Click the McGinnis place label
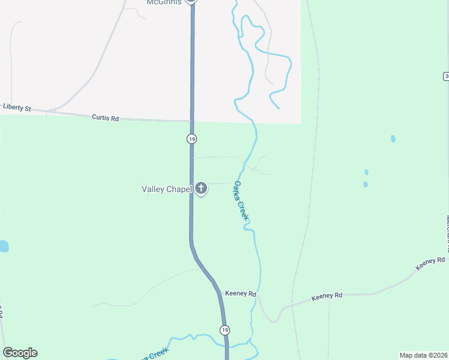point(164,2)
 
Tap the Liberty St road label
point(16,107)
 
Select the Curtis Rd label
point(105,118)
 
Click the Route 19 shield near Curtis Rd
point(191,139)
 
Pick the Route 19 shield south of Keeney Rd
point(224,330)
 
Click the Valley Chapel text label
point(166,189)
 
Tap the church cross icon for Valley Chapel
point(201,189)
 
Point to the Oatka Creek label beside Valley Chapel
point(241,200)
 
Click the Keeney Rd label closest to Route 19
point(240,294)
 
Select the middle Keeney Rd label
point(327,296)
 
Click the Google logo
point(20,353)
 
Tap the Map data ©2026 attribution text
point(423,355)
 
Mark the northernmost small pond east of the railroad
point(393,139)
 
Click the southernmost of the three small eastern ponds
point(365,184)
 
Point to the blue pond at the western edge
point(4,246)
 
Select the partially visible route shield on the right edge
point(446,76)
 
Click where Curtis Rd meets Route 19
point(192,121)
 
